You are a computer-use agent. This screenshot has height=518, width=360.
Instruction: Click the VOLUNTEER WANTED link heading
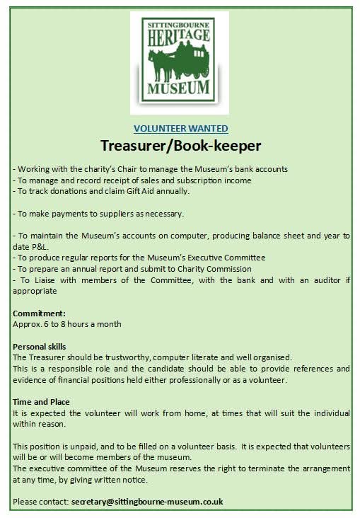coord(180,128)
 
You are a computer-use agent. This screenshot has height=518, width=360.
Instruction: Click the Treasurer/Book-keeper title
coord(180,146)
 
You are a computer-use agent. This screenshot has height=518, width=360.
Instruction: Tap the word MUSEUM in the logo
coord(180,88)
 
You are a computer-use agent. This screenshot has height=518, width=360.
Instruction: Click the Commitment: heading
coord(39,313)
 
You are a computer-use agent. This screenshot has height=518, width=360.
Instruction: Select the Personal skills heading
coord(40,347)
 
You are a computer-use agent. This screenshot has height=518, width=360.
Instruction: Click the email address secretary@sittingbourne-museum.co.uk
coord(147,501)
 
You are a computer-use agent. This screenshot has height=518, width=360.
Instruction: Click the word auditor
coord(329,280)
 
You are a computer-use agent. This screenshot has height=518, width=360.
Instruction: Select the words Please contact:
coord(41,501)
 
